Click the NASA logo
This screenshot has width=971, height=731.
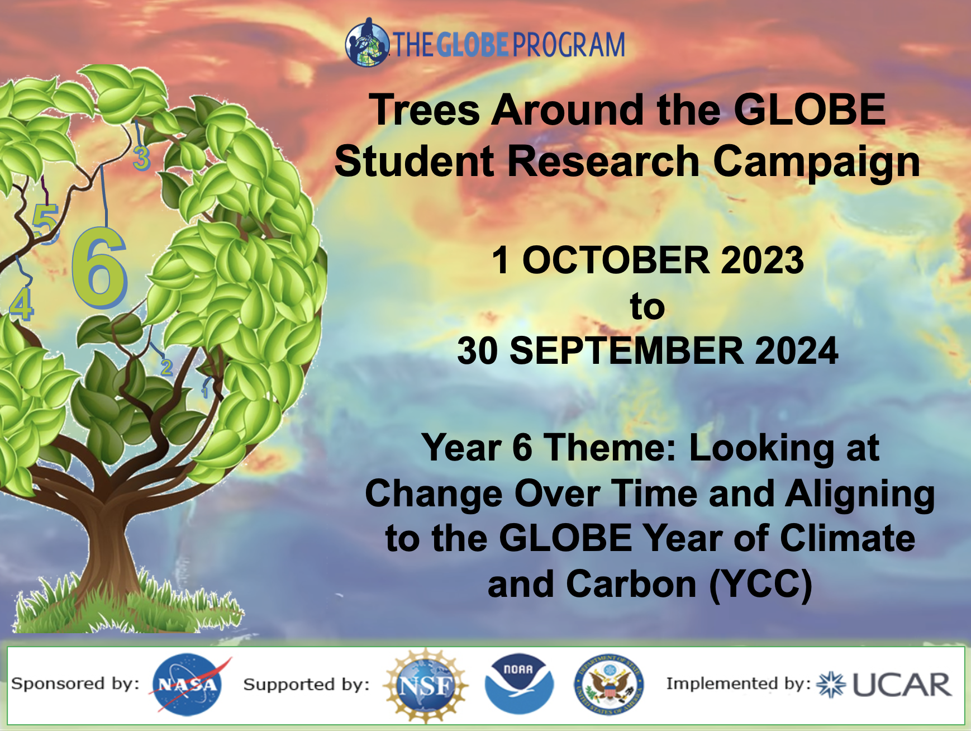pyautogui.click(x=189, y=685)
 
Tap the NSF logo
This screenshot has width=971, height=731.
pyautogui.click(x=426, y=686)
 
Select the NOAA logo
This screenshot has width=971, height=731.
pyautogui.click(x=519, y=683)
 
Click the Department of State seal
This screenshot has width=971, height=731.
pyautogui.click(x=609, y=685)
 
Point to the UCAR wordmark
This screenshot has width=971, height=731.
pyautogui.click(x=901, y=685)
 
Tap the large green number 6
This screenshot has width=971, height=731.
pyautogui.click(x=99, y=268)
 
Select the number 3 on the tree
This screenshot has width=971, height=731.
pyautogui.click(x=142, y=158)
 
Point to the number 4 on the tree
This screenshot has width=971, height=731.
pyautogui.click(x=22, y=305)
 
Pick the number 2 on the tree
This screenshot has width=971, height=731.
pyautogui.click(x=166, y=367)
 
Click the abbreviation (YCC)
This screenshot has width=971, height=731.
pyautogui.click(x=761, y=585)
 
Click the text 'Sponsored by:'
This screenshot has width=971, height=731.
pyautogui.click(x=75, y=683)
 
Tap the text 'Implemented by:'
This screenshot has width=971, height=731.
pyautogui.click(x=739, y=683)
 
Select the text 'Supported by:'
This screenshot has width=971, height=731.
pyautogui.click(x=307, y=684)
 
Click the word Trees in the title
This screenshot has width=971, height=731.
pyautogui.click(x=425, y=110)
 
